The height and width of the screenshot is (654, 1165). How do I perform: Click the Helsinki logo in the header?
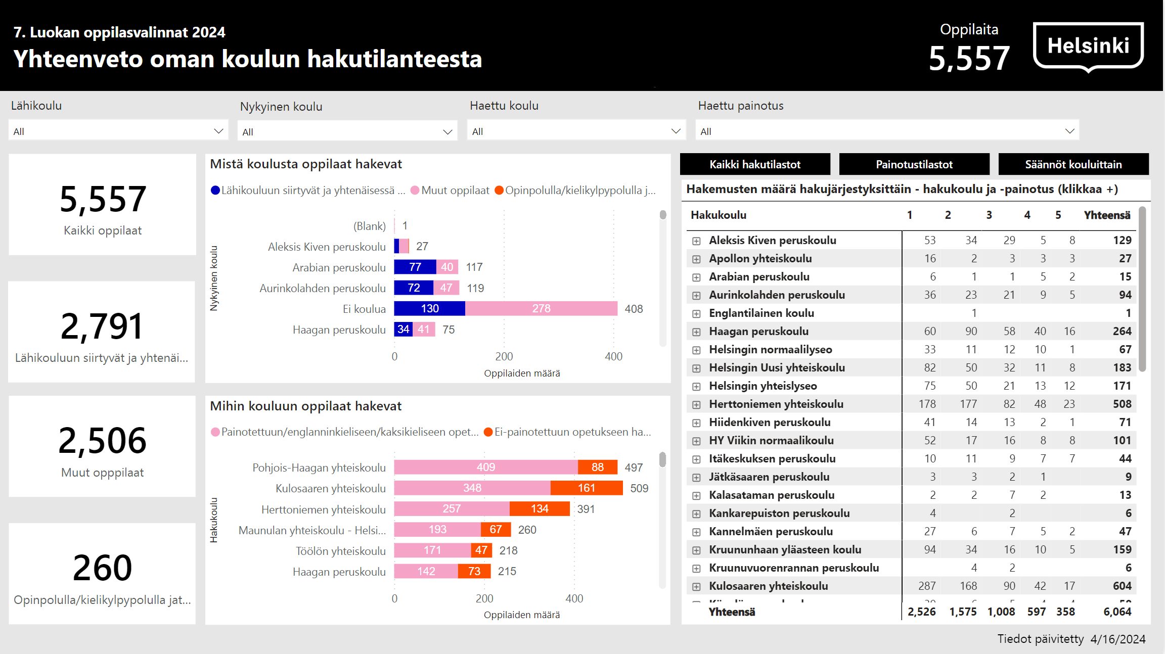[x=1088, y=46]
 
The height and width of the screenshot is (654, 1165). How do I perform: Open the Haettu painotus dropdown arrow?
[x=1069, y=131]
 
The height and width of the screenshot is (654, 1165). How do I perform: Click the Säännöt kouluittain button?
[x=1073, y=164]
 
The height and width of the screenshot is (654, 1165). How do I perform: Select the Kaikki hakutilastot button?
[x=754, y=164]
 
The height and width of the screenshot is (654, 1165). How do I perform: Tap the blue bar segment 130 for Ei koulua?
[x=429, y=308]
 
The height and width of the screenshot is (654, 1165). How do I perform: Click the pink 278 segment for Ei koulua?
[x=541, y=308]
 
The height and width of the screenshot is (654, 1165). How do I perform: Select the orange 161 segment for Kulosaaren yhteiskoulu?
[x=586, y=488]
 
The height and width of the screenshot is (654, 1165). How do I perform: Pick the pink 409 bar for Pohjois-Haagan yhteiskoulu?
[x=485, y=467]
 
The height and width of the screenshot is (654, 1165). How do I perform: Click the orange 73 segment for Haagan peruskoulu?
[x=474, y=571]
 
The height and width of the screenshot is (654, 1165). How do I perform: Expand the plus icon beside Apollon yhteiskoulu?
[x=696, y=259]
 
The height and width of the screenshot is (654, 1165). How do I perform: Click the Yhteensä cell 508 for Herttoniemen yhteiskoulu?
[x=1122, y=404]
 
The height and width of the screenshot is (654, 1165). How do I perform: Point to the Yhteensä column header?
[x=1107, y=215]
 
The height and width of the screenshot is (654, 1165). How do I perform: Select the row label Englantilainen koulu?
[x=761, y=313]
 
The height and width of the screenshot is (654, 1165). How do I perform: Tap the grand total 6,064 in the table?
[x=1117, y=612]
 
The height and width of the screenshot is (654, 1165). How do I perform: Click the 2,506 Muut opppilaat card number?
[x=103, y=440]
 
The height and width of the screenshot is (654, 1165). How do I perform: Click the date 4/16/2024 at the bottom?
[x=1117, y=639]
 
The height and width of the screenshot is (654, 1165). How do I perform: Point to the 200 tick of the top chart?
[x=504, y=356]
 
